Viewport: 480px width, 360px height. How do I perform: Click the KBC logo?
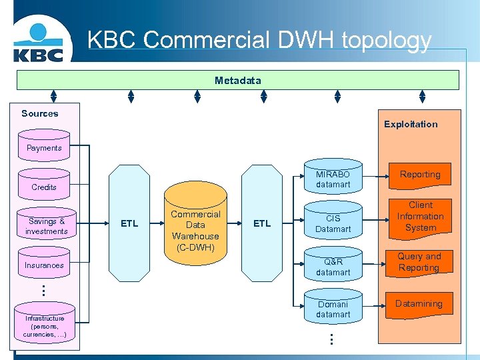[38, 44]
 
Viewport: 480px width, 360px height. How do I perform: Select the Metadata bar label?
[238, 81]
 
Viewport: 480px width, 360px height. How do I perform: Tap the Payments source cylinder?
[44, 148]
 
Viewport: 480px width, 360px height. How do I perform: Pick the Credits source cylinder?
[44, 185]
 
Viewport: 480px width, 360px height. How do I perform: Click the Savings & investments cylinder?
[46, 225]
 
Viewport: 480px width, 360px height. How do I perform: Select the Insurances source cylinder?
[44, 264]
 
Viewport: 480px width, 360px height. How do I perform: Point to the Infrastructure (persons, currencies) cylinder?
[44, 325]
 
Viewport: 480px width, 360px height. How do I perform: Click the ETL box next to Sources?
[129, 223]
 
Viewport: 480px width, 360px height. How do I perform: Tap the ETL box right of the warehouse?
[262, 223]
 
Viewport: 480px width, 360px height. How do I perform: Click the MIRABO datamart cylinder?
[333, 177]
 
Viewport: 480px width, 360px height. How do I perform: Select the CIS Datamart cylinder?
[333, 223]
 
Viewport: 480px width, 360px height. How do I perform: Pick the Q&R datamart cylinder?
[333, 266]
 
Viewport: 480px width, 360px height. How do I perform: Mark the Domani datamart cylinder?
[333, 308]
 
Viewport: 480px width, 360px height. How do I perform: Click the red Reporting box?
[420, 175]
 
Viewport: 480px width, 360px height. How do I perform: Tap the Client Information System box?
[420, 217]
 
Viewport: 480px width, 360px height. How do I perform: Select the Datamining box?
[419, 304]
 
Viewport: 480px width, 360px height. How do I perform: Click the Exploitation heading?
[411, 124]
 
